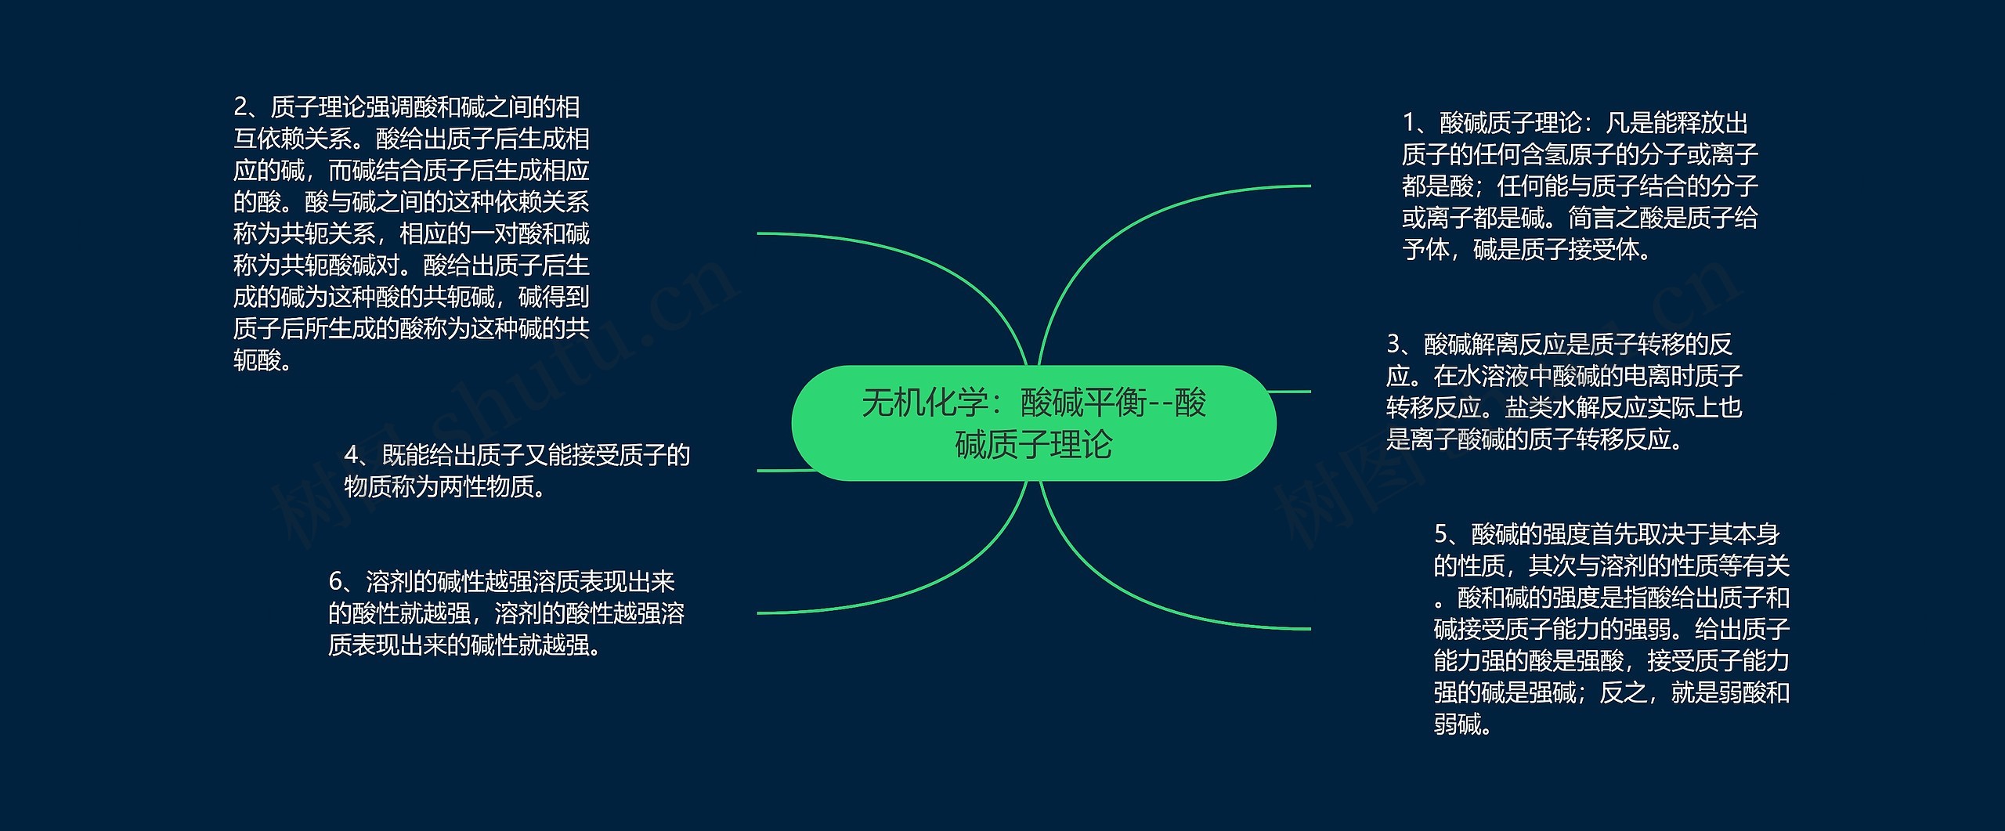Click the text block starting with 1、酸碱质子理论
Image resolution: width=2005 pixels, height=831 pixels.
click(x=1580, y=186)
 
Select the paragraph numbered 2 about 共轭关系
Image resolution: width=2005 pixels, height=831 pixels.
click(x=411, y=233)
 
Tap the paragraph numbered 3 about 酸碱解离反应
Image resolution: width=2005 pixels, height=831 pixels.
click(x=1563, y=392)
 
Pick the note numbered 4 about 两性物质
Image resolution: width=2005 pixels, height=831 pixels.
click(x=517, y=471)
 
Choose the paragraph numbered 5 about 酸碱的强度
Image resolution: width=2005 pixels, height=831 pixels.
click(x=1611, y=629)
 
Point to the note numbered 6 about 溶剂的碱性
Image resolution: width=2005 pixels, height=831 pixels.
click(x=506, y=613)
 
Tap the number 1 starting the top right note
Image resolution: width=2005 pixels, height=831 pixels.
click(x=1410, y=123)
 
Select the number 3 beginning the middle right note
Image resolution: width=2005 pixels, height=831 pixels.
click(x=1394, y=344)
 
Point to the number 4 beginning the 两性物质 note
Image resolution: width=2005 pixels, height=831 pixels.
click(x=352, y=455)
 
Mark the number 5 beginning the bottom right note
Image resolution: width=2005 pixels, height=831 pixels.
click(x=1442, y=534)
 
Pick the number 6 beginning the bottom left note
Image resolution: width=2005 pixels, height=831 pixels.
click(x=336, y=582)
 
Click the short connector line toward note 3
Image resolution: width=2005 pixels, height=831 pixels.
click(x=1292, y=391)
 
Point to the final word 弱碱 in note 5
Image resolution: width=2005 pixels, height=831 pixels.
click(x=1458, y=724)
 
